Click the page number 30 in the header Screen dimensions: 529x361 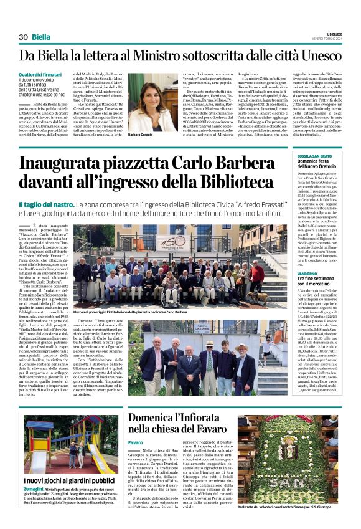point(24,37)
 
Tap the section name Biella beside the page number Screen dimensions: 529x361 point(42,37)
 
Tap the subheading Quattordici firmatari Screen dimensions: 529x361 point(40,75)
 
